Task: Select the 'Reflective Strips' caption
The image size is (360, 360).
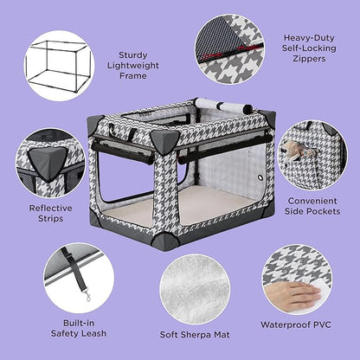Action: pyautogui.click(x=51, y=214)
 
